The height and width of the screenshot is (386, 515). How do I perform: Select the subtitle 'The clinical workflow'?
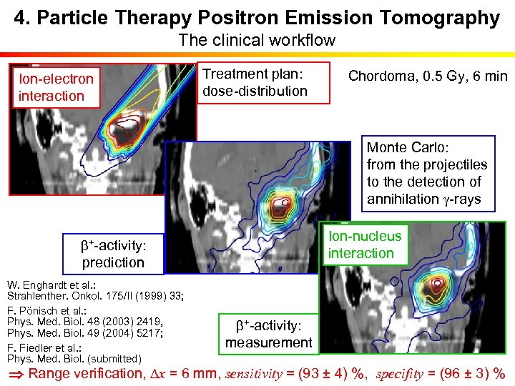pos(257,40)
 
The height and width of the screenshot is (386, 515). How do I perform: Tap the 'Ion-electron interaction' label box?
pos(56,87)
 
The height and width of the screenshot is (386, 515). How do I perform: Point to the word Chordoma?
pos(379,76)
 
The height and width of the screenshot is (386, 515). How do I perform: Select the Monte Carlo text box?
pos(428,174)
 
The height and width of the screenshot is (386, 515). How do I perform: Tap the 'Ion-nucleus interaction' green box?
pos(365,244)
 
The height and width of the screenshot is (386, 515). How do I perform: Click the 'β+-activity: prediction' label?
pos(113,254)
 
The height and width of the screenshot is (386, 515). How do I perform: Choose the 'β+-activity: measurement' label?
pos(268,334)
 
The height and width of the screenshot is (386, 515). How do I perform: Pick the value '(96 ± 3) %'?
pos(474,373)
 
